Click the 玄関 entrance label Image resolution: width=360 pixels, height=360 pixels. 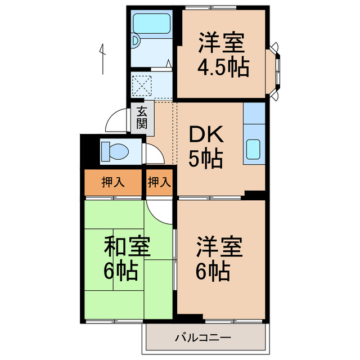click(142, 118)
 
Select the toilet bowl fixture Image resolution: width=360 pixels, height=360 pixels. click(115, 151)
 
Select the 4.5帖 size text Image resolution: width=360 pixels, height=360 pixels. click(222, 67)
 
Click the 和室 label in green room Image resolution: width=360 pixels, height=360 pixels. click(127, 247)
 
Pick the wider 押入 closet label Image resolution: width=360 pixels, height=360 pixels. click(112, 182)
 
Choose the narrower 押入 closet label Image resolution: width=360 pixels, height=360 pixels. click(159, 182)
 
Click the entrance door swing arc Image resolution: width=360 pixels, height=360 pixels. click(116, 121)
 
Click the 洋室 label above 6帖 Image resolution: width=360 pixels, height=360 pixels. click(219, 247)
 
